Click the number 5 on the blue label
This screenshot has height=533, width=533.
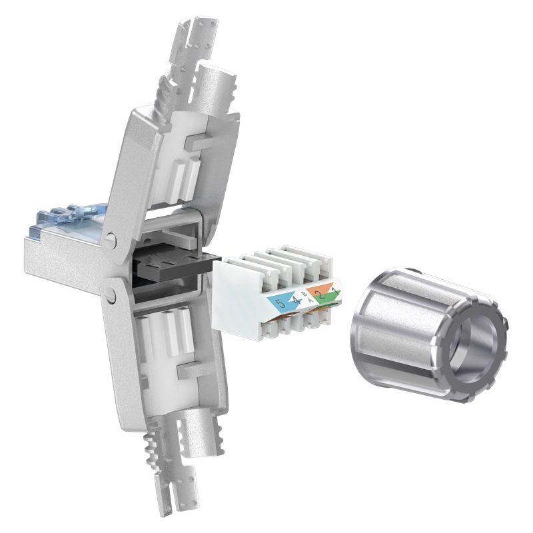(x=278, y=303)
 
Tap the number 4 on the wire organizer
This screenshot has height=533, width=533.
(x=294, y=301)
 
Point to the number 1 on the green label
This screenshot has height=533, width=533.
(x=334, y=293)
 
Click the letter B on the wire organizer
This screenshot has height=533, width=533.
(x=304, y=294)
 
